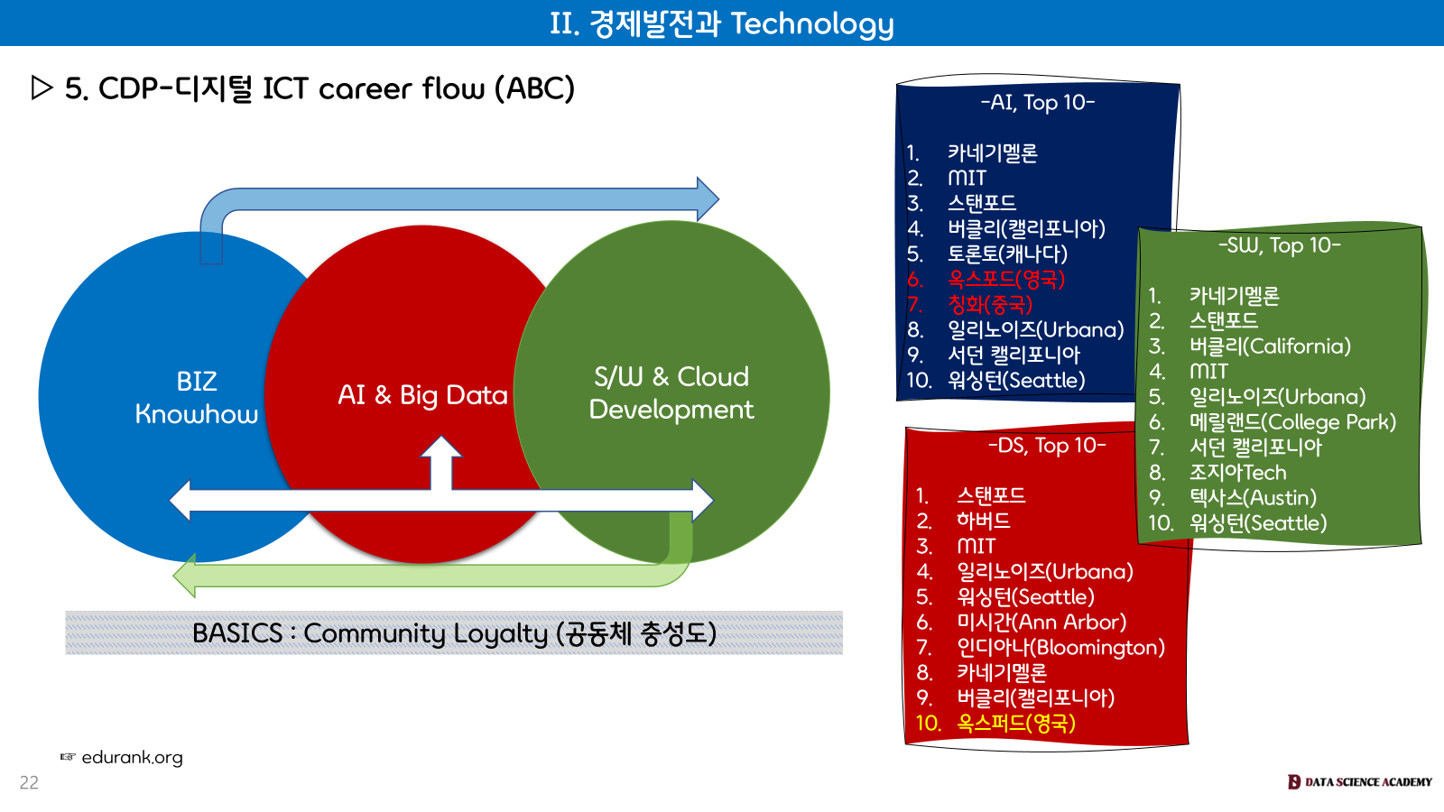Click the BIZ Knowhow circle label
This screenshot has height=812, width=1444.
point(196,397)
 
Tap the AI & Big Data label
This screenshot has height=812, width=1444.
point(422,395)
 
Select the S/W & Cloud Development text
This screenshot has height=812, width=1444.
point(671,392)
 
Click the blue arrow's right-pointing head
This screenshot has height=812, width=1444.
point(708,198)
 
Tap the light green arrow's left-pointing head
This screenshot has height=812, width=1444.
point(185,575)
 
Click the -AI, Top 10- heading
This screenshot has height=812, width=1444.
point(1038,103)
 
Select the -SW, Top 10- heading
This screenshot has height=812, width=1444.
point(1279,245)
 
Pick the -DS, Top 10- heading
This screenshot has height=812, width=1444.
point(1046,446)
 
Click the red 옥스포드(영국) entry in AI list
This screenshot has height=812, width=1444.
point(1005,280)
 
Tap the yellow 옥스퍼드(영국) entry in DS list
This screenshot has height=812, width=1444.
point(1015,724)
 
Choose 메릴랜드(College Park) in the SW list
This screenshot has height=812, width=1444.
point(1291,422)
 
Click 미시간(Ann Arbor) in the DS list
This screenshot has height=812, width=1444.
point(1041,623)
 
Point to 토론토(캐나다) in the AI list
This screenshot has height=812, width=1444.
point(1006,254)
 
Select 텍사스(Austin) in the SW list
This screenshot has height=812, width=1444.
point(1252,498)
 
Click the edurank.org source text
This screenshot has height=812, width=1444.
point(132,758)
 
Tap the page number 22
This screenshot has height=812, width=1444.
point(29,783)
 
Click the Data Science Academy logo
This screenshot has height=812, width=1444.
point(1359,782)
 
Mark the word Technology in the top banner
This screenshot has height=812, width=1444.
point(811,23)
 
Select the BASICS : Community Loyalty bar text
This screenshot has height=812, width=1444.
point(454,633)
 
